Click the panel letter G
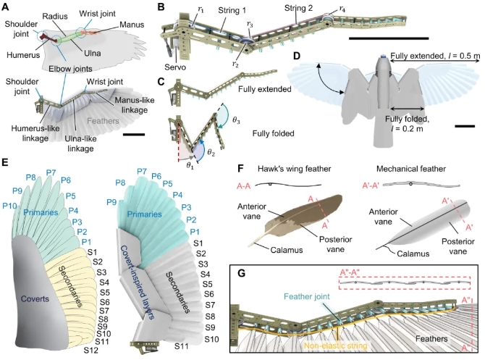[240, 273]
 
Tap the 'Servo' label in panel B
[175, 67]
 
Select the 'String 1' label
[232, 10]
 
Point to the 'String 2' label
[298, 8]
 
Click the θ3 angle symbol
[236, 120]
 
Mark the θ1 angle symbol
[190, 165]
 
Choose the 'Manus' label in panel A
[132, 24]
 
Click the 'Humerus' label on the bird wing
[23, 55]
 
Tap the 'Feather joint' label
[307, 296]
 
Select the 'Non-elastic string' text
[336, 346]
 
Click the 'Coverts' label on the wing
[35, 298]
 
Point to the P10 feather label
[9, 205]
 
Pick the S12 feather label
[91, 350]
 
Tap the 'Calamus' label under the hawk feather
[287, 250]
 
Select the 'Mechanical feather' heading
[410, 169]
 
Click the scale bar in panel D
[465, 126]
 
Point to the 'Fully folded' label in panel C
[273, 134]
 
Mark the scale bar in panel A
[134, 134]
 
